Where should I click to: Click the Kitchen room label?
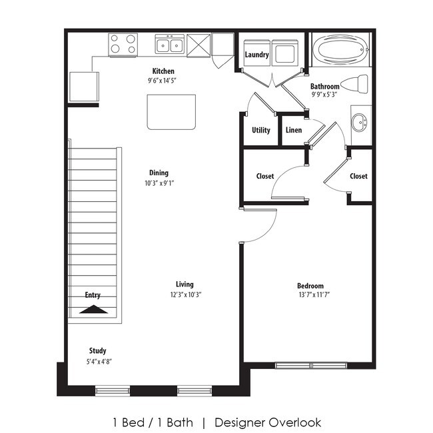[x=163, y=71]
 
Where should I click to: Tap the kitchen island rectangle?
[x=172, y=112]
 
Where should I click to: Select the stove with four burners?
[x=123, y=45]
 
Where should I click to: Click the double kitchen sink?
[x=170, y=45]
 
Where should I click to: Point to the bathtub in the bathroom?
[x=340, y=49]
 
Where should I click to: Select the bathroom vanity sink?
[x=360, y=122]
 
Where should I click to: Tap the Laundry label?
[x=256, y=55]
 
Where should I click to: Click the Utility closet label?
[x=261, y=130]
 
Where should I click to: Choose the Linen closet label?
[x=294, y=130]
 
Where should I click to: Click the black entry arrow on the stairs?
[x=93, y=308]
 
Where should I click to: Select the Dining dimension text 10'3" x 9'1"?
[x=159, y=183]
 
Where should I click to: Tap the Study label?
[x=98, y=350]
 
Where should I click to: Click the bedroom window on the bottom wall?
[x=310, y=364]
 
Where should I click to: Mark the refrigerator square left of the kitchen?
[x=83, y=86]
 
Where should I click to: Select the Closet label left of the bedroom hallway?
[x=265, y=177]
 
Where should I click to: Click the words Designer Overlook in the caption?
[x=268, y=422]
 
